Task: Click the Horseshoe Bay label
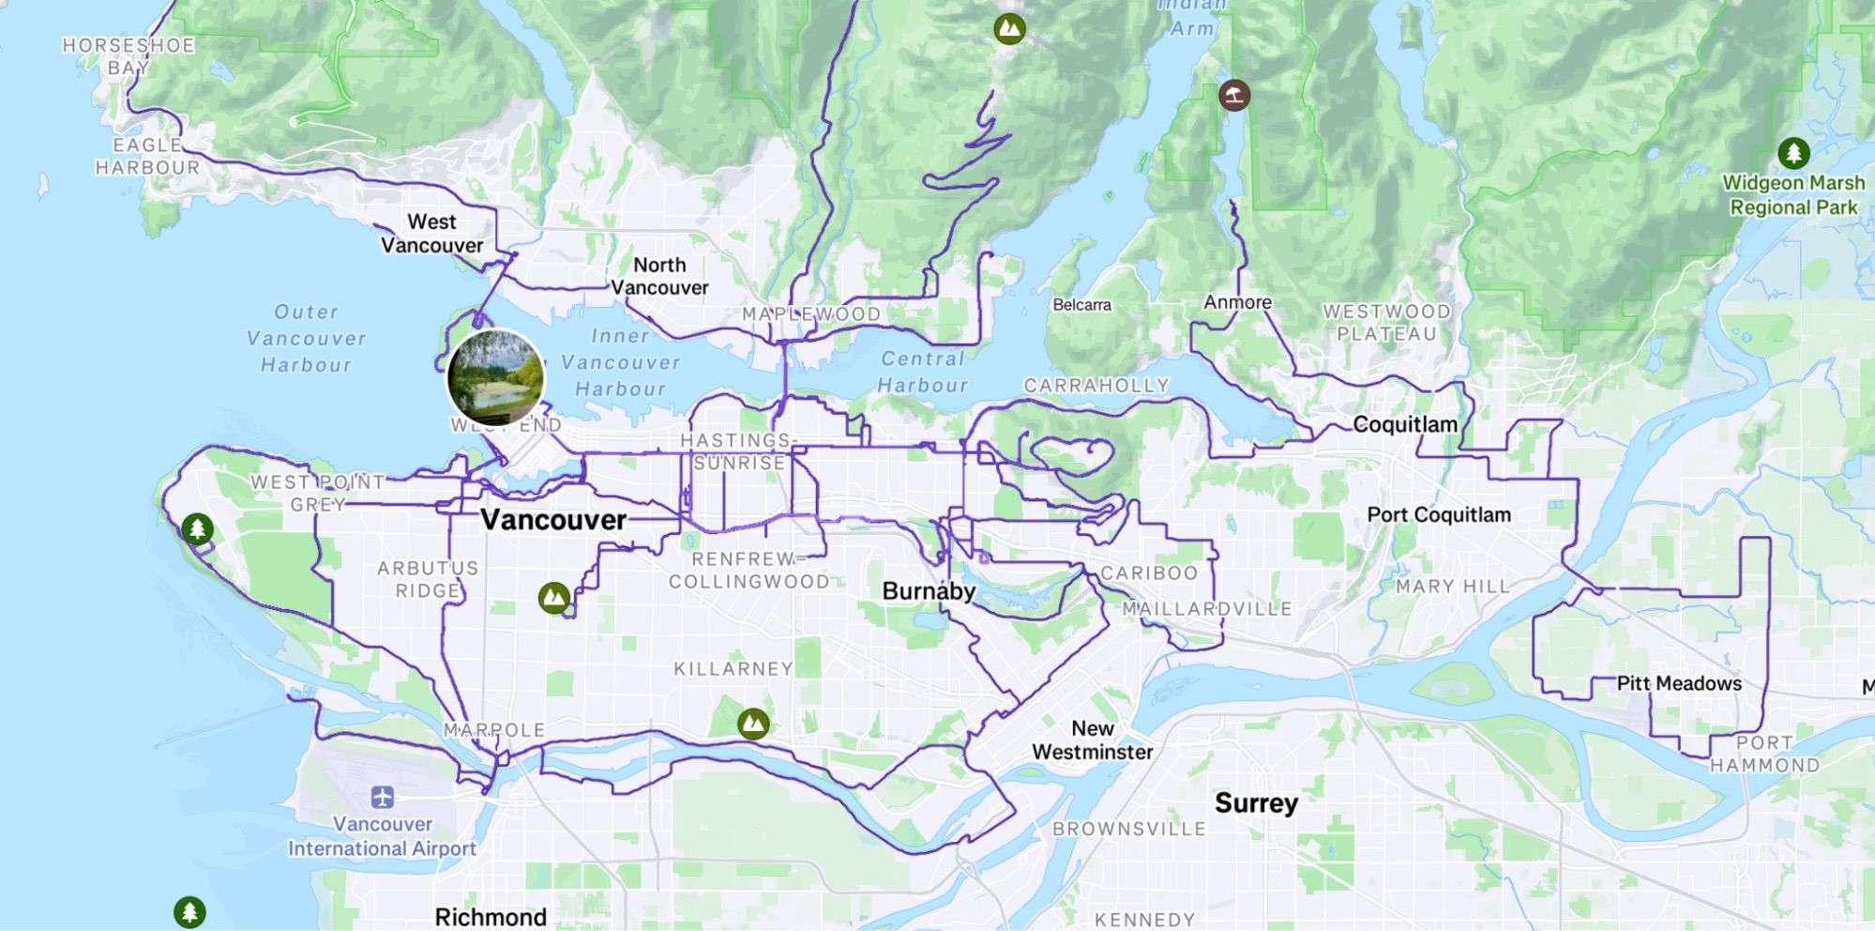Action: [x=129, y=56]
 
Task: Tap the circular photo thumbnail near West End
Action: [x=496, y=377]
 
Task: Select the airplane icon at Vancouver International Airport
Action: [x=382, y=798]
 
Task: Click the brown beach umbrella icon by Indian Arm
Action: [x=1233, y=95]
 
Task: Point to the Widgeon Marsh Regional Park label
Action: [x=1793, y=195]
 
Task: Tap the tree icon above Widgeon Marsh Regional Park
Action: [x=1793, y=152]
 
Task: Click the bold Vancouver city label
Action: [x=553, y=520]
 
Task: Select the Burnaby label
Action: [x=929, y=591]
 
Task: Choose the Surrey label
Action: [x=1256, y=803]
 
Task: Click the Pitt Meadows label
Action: [x=1679, y=683]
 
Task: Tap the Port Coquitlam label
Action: [x=1438, y=514]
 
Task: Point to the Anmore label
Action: [x=1237, y=302]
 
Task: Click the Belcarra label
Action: [x=1081, y=305]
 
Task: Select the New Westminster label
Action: [x=1093, y=740]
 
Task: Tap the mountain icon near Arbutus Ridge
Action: [x=554, y=597]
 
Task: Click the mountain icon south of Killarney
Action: [x=753, y=724]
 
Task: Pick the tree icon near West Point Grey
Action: [x=197, y=529]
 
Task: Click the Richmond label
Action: [x=491, y=916]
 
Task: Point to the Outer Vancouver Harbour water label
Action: [x=306, y=338]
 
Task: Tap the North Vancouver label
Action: [x=659, y=276]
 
